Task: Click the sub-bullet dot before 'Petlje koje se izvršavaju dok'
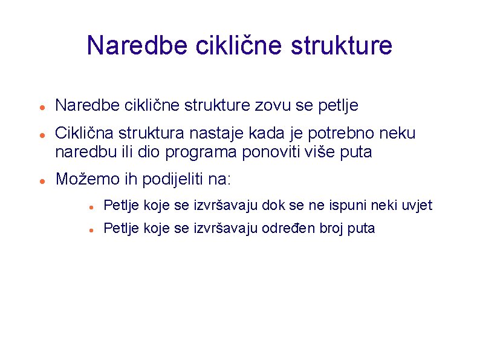tap(89, 207)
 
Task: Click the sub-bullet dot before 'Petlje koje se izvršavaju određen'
tap(89, 230)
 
